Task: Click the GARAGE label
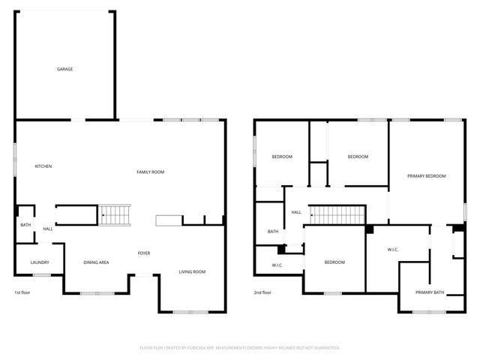[x=65, y=69]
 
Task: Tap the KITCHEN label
[x=43, y=166]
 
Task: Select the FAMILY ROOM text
[x=150, y=172]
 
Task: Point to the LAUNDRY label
[x=40, y=262]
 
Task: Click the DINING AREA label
[x=96, y=262]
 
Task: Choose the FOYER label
[x=143, y=253]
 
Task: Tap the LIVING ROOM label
[x=192, y=271]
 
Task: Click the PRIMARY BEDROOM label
[x=426, y=176]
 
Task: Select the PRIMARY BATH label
[x=430, y=292]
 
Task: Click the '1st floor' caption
[x=22, y=292]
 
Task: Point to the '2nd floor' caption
[x=262, y=292]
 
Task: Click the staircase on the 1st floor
[x=115, y=215]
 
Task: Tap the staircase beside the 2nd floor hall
[x=337, y=215]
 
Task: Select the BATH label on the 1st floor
[x=25, y=225]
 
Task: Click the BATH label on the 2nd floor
[x=273, y=232]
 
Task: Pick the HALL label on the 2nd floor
[x=296, y=212]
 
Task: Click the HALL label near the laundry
[x=48, y=229]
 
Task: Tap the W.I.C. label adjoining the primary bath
[x=392, y=249]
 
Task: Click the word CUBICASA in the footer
[x=199, y=348]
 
